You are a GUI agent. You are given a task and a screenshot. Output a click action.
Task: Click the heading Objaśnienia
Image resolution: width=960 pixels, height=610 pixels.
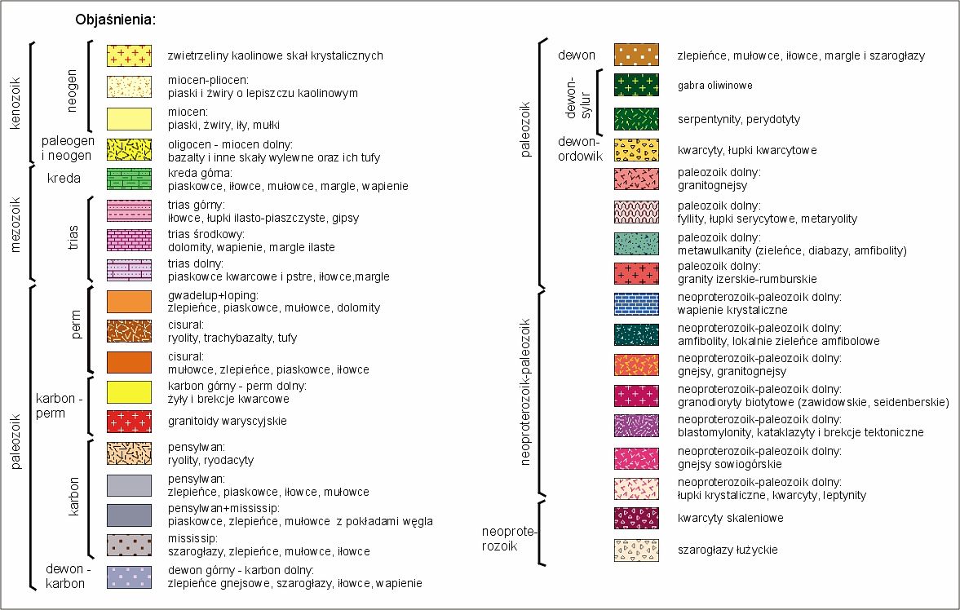[115, 19]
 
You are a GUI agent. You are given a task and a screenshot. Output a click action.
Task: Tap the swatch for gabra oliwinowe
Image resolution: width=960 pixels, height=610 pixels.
[636, 85]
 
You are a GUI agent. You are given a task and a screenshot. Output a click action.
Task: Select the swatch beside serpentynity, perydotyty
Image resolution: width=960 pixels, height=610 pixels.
[636, 119]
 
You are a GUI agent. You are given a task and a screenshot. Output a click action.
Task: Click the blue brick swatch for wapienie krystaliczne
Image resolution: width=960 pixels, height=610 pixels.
[636, 303]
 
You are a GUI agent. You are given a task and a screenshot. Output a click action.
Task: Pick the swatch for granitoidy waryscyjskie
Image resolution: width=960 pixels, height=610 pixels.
[129, 421]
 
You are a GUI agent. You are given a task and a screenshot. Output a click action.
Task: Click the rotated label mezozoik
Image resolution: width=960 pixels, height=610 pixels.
[15, 223]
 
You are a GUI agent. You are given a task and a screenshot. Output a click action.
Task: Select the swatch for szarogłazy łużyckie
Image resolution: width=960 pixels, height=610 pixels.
[636, 550]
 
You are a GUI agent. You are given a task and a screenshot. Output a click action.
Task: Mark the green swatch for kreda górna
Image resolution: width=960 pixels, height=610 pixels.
[129, 179]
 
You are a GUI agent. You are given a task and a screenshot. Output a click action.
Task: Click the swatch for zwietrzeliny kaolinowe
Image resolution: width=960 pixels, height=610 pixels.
[129, 55]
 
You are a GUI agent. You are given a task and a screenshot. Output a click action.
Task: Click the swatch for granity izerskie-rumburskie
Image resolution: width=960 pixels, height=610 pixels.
[636, 272]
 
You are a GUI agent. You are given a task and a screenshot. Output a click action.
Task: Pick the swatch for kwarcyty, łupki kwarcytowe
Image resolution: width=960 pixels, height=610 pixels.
[636, 150]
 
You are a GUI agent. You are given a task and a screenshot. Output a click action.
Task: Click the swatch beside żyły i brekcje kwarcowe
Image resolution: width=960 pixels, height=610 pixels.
[129, 392]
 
